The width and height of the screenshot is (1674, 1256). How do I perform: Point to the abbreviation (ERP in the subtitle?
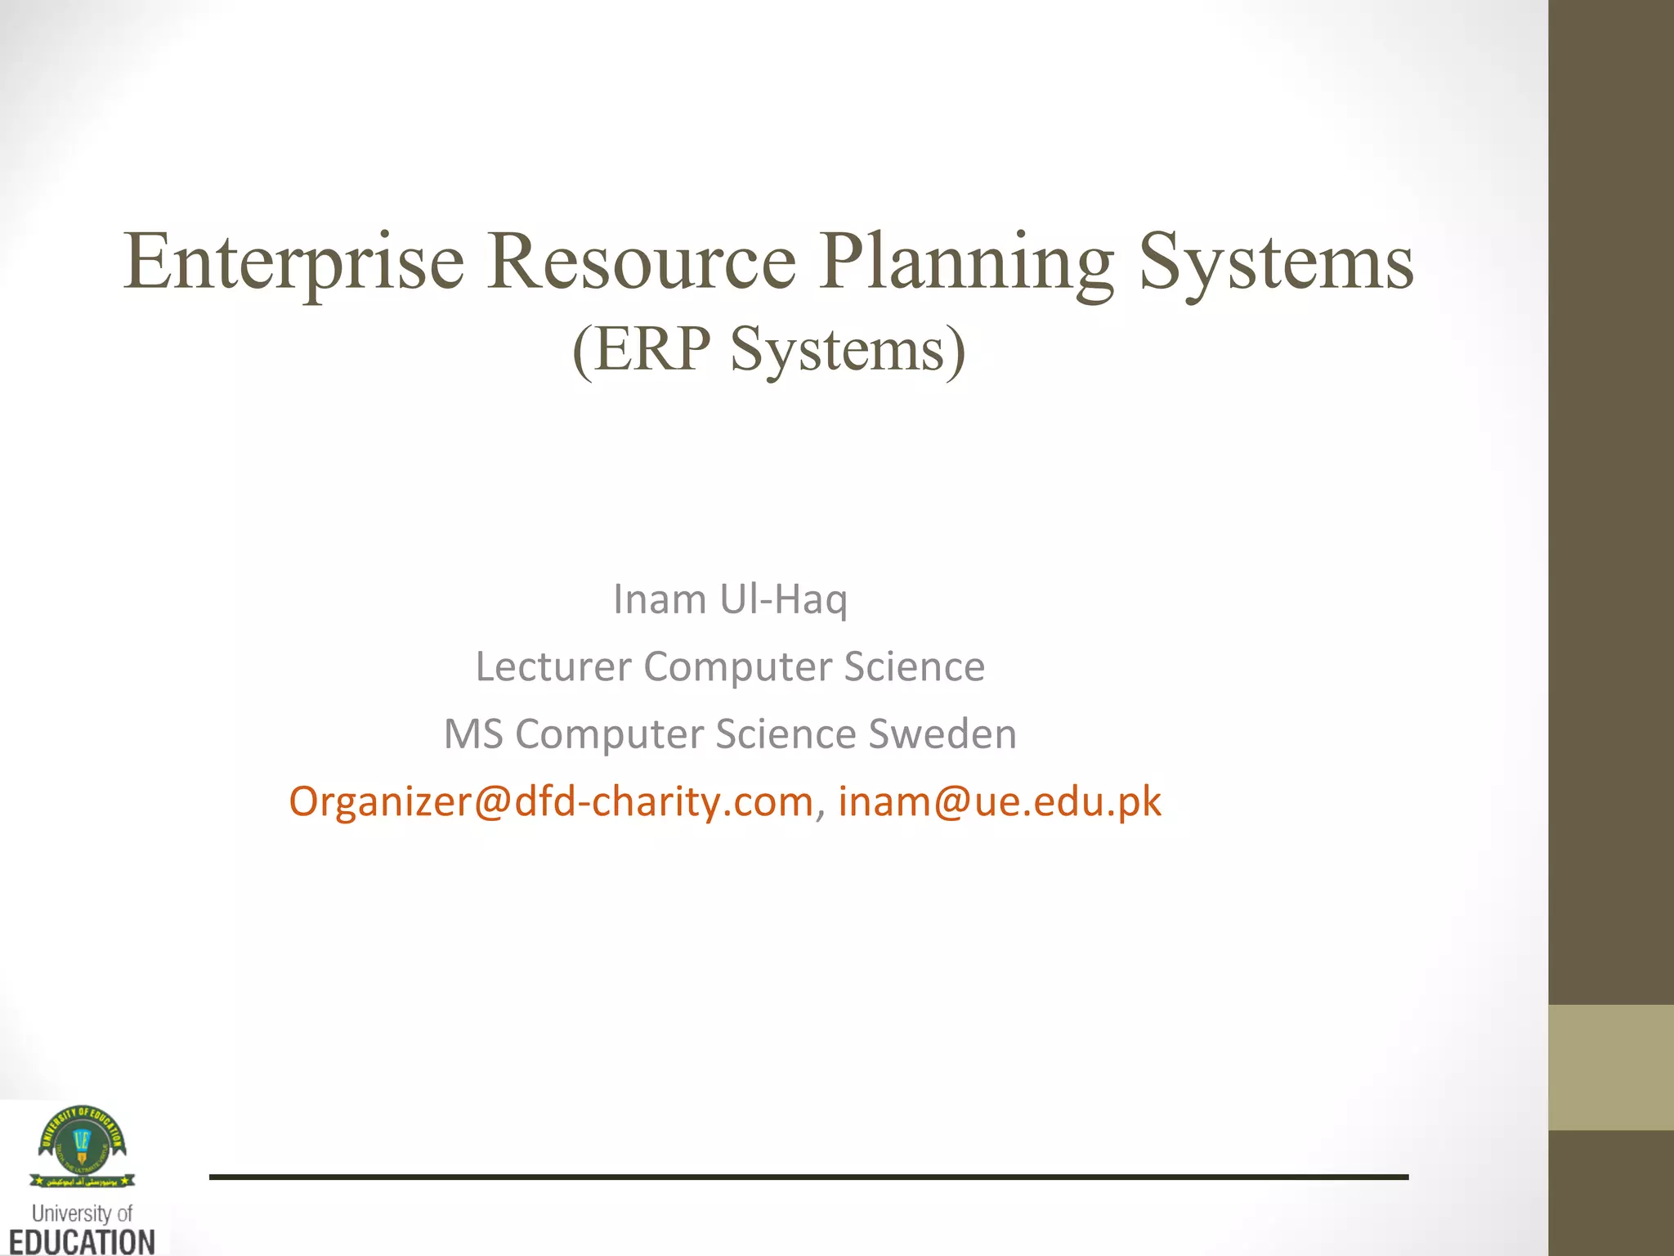(642, 350)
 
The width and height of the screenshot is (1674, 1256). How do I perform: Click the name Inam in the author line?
(660, 599)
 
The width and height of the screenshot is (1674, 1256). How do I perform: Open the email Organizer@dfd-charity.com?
(551, 801)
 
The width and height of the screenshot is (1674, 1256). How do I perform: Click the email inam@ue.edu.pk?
(999, 801)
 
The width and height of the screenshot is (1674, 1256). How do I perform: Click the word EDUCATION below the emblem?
(82, 1241)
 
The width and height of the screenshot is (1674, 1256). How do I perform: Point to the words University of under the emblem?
(82, 1213)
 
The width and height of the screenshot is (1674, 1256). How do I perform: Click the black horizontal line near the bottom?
(808, 1177)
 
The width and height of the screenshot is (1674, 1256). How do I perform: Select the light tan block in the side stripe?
(1611, 1067)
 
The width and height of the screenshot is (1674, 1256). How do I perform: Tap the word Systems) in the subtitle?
(848, 350)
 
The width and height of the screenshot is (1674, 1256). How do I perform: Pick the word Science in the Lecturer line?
(914, 666)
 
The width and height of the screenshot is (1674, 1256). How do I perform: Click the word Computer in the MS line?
(609, 733)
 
